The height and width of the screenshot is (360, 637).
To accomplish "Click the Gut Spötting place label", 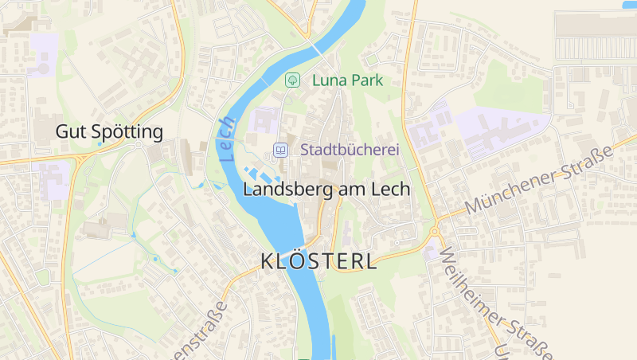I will click(109, 132).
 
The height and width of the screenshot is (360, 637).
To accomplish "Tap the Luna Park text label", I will click(347, 80).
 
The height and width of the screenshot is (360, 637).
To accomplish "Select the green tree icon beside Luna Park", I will click(292, 80).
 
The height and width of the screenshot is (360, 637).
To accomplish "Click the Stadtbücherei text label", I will click(349, 150).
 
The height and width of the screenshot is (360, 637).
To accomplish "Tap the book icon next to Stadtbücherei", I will click(280, 150).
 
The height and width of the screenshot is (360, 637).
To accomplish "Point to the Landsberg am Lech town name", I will click(326, 190).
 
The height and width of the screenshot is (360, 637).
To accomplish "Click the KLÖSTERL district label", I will click(318, 261).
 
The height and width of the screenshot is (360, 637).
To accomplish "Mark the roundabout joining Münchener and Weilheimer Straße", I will click(435, 232).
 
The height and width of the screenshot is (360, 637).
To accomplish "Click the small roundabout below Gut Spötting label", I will click(138, 146).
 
